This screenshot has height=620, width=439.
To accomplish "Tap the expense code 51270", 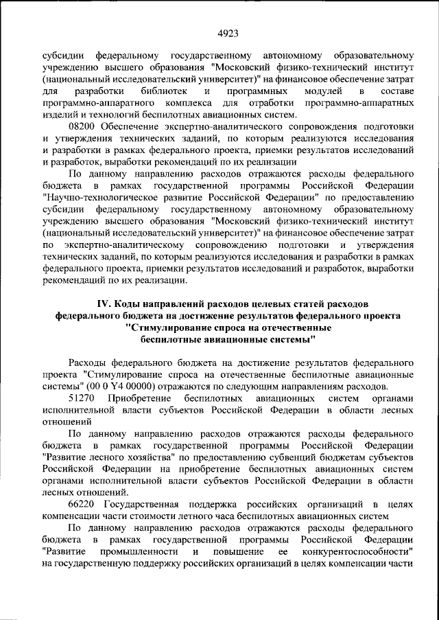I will pos(84,398).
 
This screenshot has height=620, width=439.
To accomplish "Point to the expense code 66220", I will pos(84,505).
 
